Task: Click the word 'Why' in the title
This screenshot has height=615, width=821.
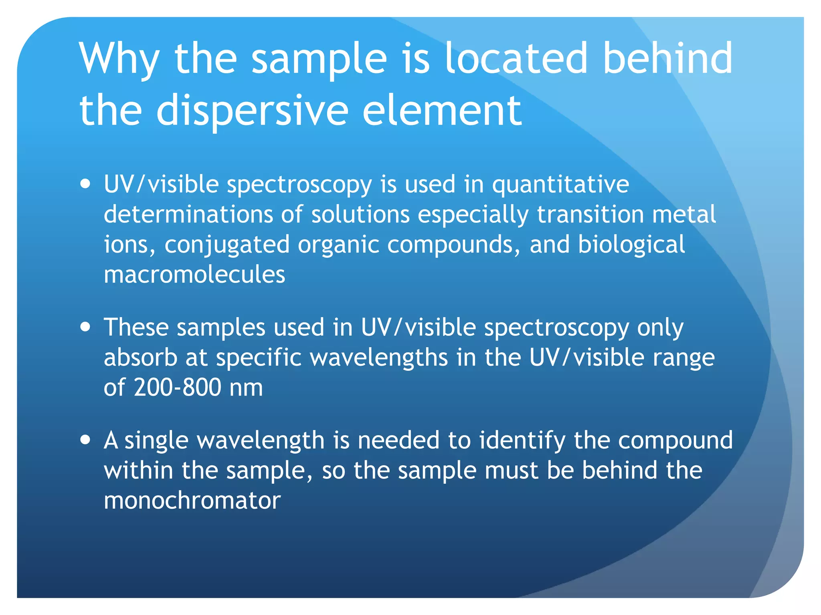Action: pos(119,59)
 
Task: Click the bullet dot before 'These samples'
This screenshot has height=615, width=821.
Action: pos(85,327)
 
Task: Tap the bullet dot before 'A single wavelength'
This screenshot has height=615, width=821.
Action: pos(85,440)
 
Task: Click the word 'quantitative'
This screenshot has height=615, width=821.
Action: pos(560,185)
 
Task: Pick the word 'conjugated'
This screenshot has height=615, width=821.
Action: pos(227,245)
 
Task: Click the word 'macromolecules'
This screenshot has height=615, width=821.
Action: pos(194,275)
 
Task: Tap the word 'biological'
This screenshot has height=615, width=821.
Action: pos(631,245)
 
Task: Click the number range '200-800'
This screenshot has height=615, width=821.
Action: pos(178,388)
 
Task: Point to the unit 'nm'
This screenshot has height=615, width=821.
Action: pos(246,388)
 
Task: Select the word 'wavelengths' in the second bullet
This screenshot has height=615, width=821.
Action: pos(379,358)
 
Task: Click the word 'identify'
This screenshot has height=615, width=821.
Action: pos(522,440)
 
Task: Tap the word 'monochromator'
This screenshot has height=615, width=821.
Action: pos(192,500)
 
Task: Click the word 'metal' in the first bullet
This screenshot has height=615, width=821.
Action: pos(684,214)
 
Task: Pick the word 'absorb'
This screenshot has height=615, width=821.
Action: pos(140,358)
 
